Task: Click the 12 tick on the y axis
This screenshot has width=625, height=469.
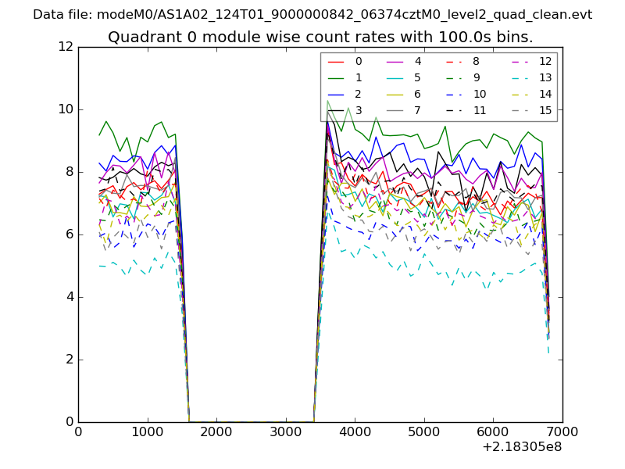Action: click(67, 47)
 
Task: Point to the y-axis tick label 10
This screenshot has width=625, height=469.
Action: click(67, 109)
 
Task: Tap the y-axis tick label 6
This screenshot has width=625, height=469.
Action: click(70, 234)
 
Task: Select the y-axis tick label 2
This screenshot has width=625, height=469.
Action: click(70, 360)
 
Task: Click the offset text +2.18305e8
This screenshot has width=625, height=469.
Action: click(521, 448)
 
